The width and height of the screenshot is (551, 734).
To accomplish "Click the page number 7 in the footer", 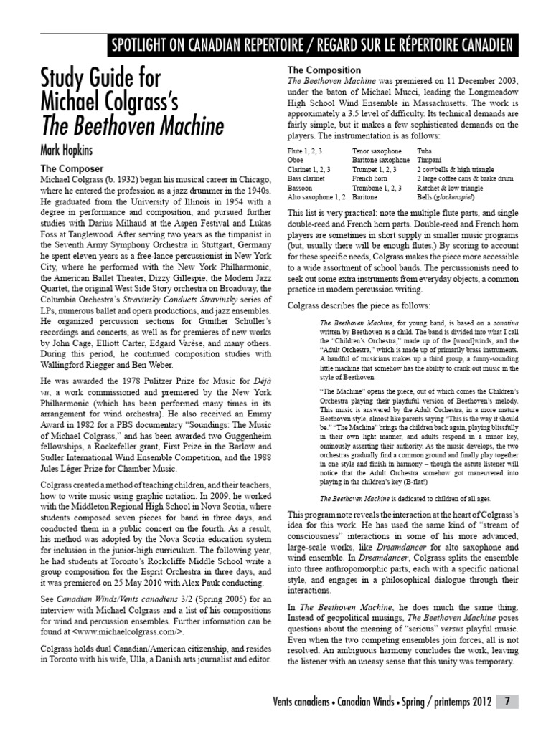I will tap(508, 701).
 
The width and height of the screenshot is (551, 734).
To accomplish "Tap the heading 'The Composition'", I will tap(324, 70).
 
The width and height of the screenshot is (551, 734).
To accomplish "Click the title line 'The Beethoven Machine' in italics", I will tap(133, 125).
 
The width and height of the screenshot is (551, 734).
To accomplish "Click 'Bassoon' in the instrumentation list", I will tap(301, 187).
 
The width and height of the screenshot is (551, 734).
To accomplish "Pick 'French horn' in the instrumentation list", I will tap(370, 178).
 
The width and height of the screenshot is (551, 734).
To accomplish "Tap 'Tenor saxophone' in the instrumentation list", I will tap(377, 151).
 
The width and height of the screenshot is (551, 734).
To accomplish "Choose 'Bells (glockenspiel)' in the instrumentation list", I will tap(446, 196).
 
